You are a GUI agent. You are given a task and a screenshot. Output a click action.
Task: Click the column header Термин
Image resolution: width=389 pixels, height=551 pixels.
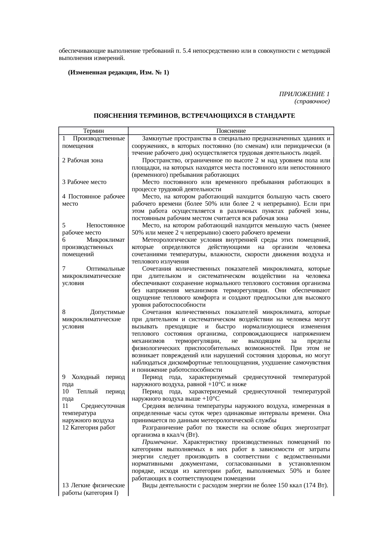tap(93, 131)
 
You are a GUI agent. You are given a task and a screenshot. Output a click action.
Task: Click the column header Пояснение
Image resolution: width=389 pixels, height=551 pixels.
tap(231, 131)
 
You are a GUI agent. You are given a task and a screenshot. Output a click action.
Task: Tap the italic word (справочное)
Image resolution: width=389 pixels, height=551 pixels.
tap(312, 101)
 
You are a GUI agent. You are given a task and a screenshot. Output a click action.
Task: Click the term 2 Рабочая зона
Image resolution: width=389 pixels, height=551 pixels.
tap(83, 160)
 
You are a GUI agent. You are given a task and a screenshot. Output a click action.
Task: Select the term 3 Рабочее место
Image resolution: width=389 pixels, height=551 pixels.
tap(84, 182)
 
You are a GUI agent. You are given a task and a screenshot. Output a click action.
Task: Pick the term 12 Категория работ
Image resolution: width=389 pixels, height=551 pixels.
tap(89, 428)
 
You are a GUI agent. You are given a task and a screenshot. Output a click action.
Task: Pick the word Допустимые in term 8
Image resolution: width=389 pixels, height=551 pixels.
tap(107, 312)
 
